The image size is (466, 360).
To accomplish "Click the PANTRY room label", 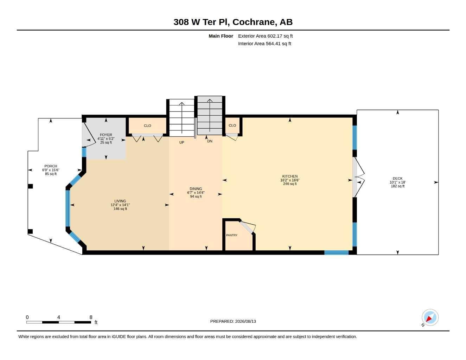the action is (232, 235).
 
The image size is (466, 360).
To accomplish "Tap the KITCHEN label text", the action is (290, 176).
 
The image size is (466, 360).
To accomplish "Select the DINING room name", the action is (196, 188).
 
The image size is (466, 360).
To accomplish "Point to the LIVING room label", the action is (120, 201).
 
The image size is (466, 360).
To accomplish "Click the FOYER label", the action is (106, 135).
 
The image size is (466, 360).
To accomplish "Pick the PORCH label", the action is (51, 166).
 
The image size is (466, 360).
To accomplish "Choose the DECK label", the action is (397, 178).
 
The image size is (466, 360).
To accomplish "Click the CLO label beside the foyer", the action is (147, 126).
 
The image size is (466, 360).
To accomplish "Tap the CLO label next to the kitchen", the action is (232, 126).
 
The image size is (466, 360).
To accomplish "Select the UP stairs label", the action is (181, 142).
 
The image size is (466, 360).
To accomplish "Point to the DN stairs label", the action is (210, 141).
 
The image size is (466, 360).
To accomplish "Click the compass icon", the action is (430, 317).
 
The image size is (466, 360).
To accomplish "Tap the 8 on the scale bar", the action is (91, 317).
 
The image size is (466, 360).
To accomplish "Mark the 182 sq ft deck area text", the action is (397, 186).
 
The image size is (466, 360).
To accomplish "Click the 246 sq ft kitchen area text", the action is (290, 184).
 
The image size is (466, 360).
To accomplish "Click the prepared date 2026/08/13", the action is (245, 321).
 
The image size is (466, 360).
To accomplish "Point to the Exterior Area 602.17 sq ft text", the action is (265, 36).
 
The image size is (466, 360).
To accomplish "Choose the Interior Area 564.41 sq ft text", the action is (264, 44).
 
